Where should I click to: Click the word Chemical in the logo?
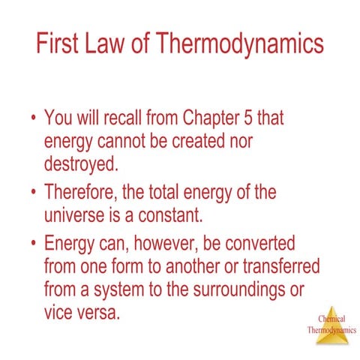(x=331, y=318)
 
